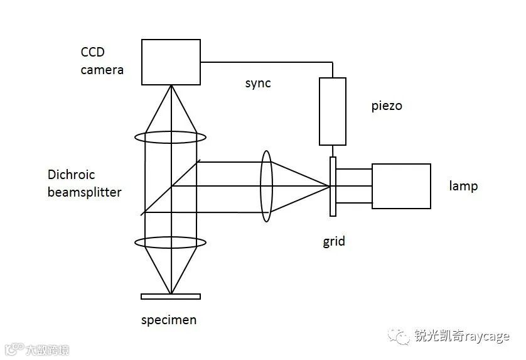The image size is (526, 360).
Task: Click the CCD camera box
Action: pyautogui.click(x=170, y=62)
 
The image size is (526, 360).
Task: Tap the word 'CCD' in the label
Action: pyautogui.click(x=93, y=52)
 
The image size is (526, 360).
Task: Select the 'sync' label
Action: pyautogui.click(x=258, y=83)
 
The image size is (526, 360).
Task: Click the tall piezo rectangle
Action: pyautogui.click(x=333, y=111)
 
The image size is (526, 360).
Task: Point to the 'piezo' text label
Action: pyautogui.click(x=387, y=106)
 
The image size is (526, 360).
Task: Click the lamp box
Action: pyautogui.click(x=401, y=186)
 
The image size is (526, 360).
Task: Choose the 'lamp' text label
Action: pyautogui.click(x=463, y=186)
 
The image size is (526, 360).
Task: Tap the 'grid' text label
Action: pyautogui.click(x=334, y=241)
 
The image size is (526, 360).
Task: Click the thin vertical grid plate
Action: pyautogui.click(x=333, y=187)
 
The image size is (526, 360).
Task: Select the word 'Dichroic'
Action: pyautogui.click(x=71, y=175)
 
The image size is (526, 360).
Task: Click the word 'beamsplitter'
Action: pyautogui.click(x=84, y=192)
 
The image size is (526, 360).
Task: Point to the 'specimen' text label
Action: pyautogui.click(x=168, y=320)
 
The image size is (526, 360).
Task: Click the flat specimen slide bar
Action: pyautogui.click(x=171, y=297)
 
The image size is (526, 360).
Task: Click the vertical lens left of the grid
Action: pyautogui.click(x=267, y=186)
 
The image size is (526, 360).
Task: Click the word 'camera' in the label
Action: pyautogui.click(x=102, y=70)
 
